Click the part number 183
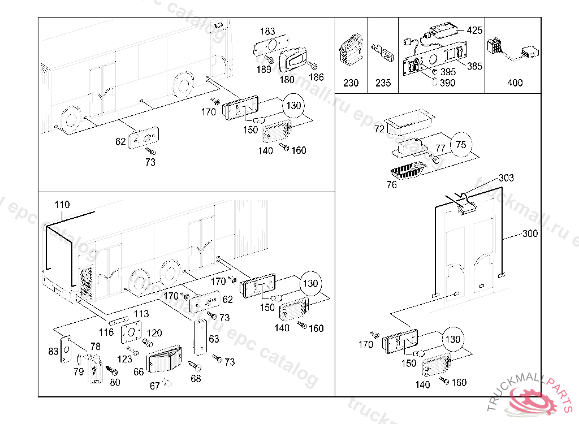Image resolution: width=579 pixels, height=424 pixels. [267, 31]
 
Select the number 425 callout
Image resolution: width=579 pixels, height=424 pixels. [474, 30]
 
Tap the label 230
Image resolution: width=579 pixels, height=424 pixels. [351, 83]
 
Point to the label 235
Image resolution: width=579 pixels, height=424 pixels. [383, 83]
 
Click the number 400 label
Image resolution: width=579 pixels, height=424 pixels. [515, 83]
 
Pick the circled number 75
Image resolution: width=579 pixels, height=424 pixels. [461, 145]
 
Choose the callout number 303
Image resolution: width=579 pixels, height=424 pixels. [506, 178]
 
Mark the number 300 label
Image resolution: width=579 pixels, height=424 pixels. [530, 233]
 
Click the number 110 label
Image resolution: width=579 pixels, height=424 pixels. [62, 205]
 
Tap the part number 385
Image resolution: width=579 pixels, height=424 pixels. [474, 66]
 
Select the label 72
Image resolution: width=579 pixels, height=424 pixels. [379, 130]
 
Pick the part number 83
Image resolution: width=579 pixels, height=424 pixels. [53, 352]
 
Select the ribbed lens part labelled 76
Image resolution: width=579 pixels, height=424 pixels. [407, 170]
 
